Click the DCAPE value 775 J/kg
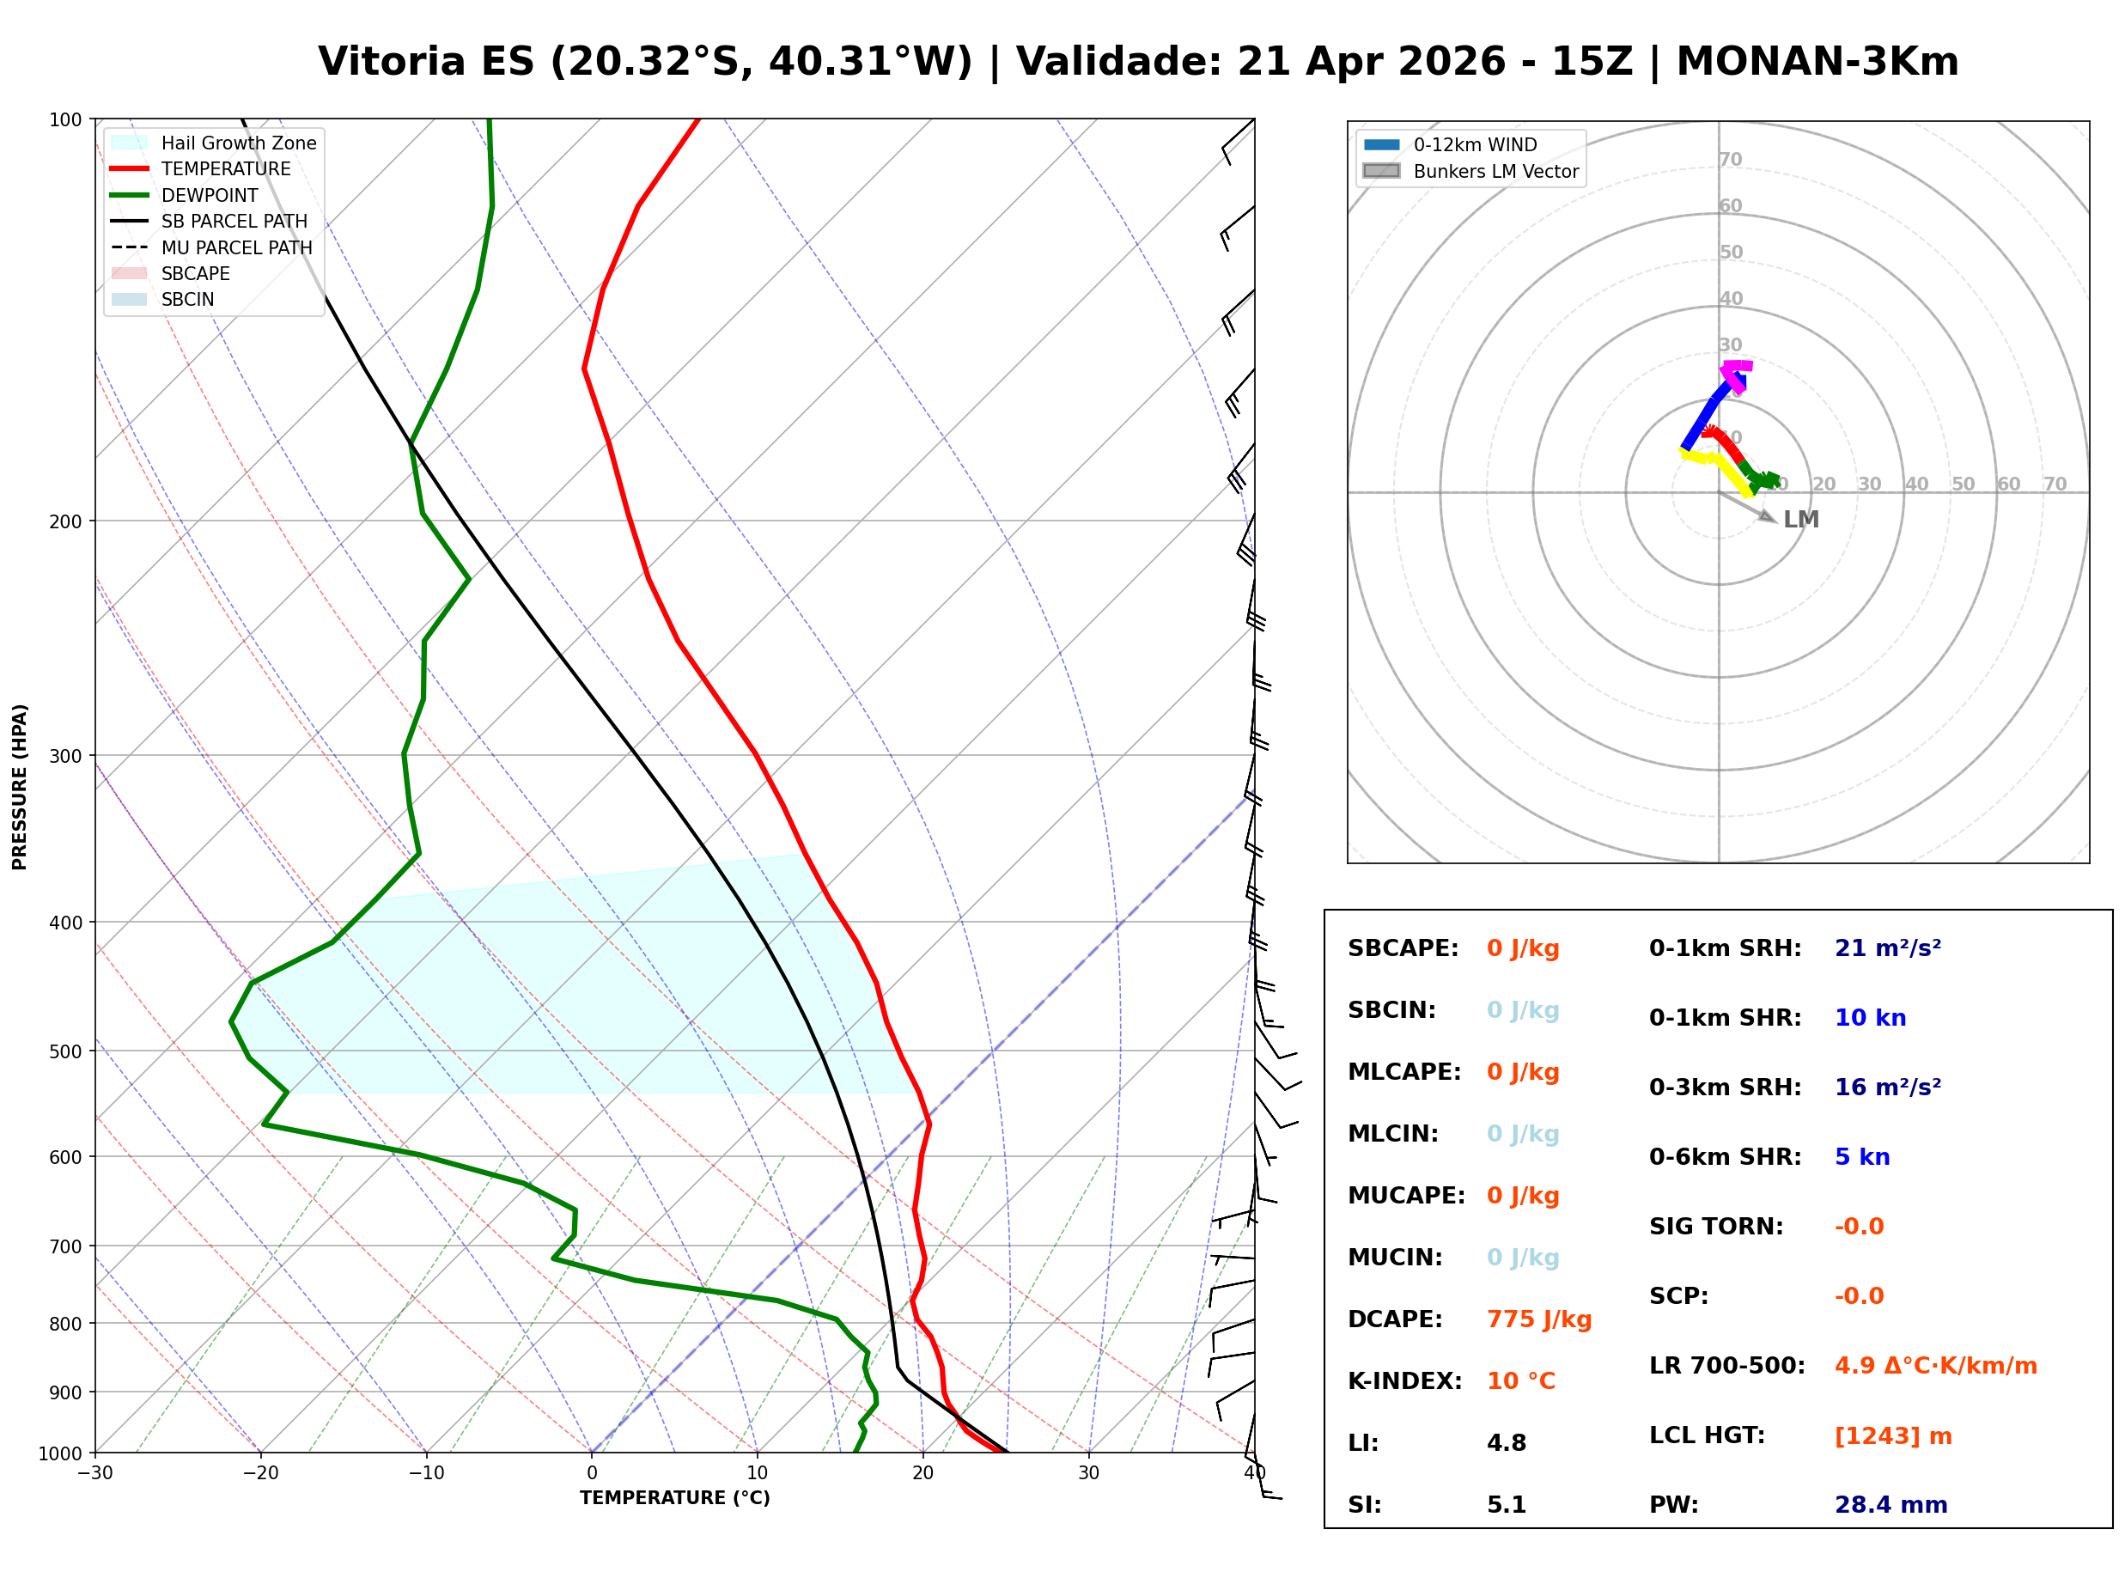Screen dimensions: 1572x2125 coord(1538,1319)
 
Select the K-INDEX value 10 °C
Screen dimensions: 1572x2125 coord(1520,1380)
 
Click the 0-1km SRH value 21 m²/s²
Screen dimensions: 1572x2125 coord(1887,947)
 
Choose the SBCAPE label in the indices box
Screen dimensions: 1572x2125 coord(1402,947)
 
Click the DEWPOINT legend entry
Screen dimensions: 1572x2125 coord(210,195)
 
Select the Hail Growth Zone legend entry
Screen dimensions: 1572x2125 coord(238,143)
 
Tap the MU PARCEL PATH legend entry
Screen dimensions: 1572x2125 coord(236,247)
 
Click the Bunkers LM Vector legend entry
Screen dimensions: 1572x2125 coord(1495,171)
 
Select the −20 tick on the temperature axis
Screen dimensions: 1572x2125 coord(259,1473)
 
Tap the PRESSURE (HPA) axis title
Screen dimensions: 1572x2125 coord(20,786)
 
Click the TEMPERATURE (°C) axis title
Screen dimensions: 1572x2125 coord(674,1498)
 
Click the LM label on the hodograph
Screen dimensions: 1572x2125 coord(1799,520)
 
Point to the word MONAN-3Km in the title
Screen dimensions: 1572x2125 coord(1817,62)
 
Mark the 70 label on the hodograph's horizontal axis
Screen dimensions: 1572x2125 coord(2054,484)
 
